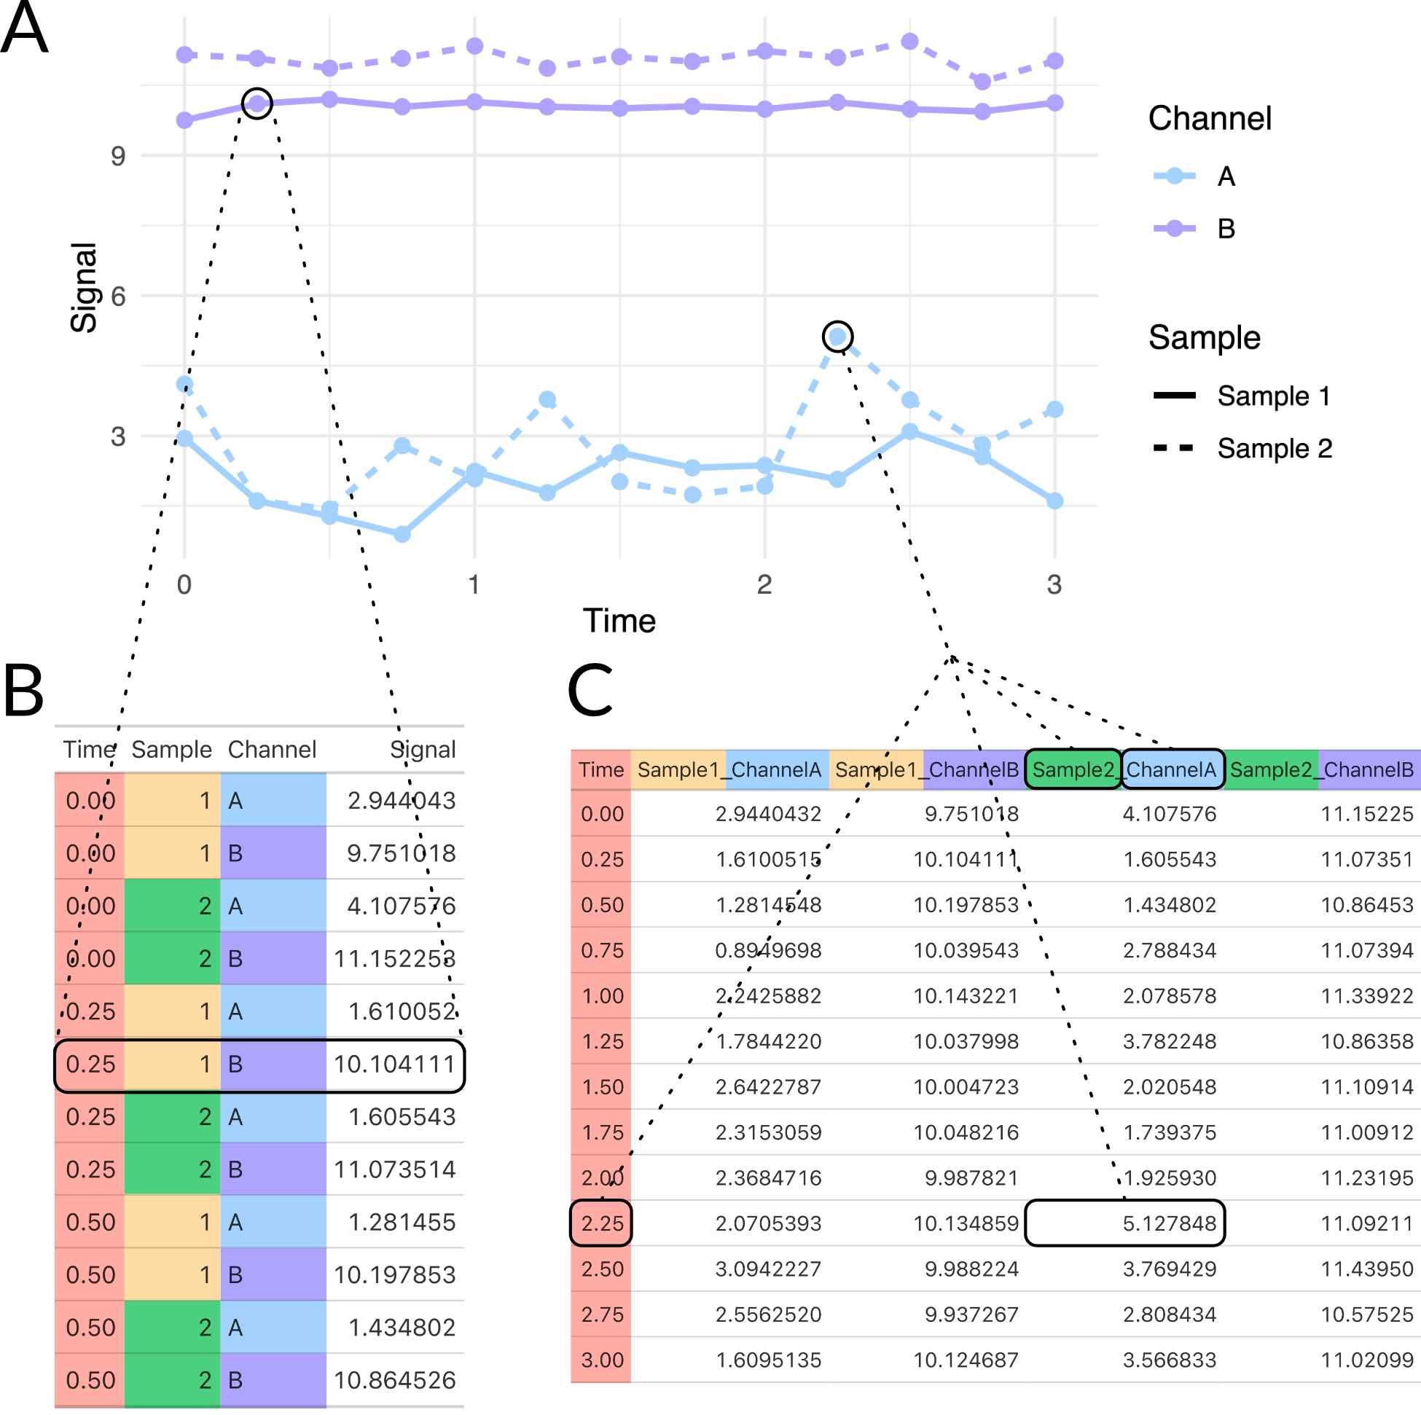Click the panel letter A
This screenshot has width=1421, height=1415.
(x=24, y=27)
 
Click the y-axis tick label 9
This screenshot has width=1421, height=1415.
(x=117, y=156)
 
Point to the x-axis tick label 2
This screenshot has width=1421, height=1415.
(x=764, y=584)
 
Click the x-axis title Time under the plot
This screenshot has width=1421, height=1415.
(x=619, y=621)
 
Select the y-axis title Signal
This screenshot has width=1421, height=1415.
(x=84, y=288)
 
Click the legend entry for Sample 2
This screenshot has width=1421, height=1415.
(x=1274, y=448)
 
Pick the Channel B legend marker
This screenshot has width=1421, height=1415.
(x=1175, y=229)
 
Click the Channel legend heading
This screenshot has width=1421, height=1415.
(x=1209, y=119)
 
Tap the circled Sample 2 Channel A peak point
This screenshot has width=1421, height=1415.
(x=837, y=337)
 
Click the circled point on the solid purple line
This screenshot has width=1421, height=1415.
(x=257, y=103)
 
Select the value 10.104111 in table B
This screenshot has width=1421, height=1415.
(x=394, y=1065)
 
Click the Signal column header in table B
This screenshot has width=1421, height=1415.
(x=422, y=750)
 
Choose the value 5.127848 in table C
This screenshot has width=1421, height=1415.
(x=1169, y=1223)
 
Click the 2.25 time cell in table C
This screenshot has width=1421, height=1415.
(x=602, y=1223)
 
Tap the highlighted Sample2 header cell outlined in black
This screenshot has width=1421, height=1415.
(x=1073, y=769)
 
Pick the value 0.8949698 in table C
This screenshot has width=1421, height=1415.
(x=768, y=950)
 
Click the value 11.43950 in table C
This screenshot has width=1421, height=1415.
(x=1366, y=1269)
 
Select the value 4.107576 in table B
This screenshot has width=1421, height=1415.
(x=401, y=906)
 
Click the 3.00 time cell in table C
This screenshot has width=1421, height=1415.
(x=602, y=1360)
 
